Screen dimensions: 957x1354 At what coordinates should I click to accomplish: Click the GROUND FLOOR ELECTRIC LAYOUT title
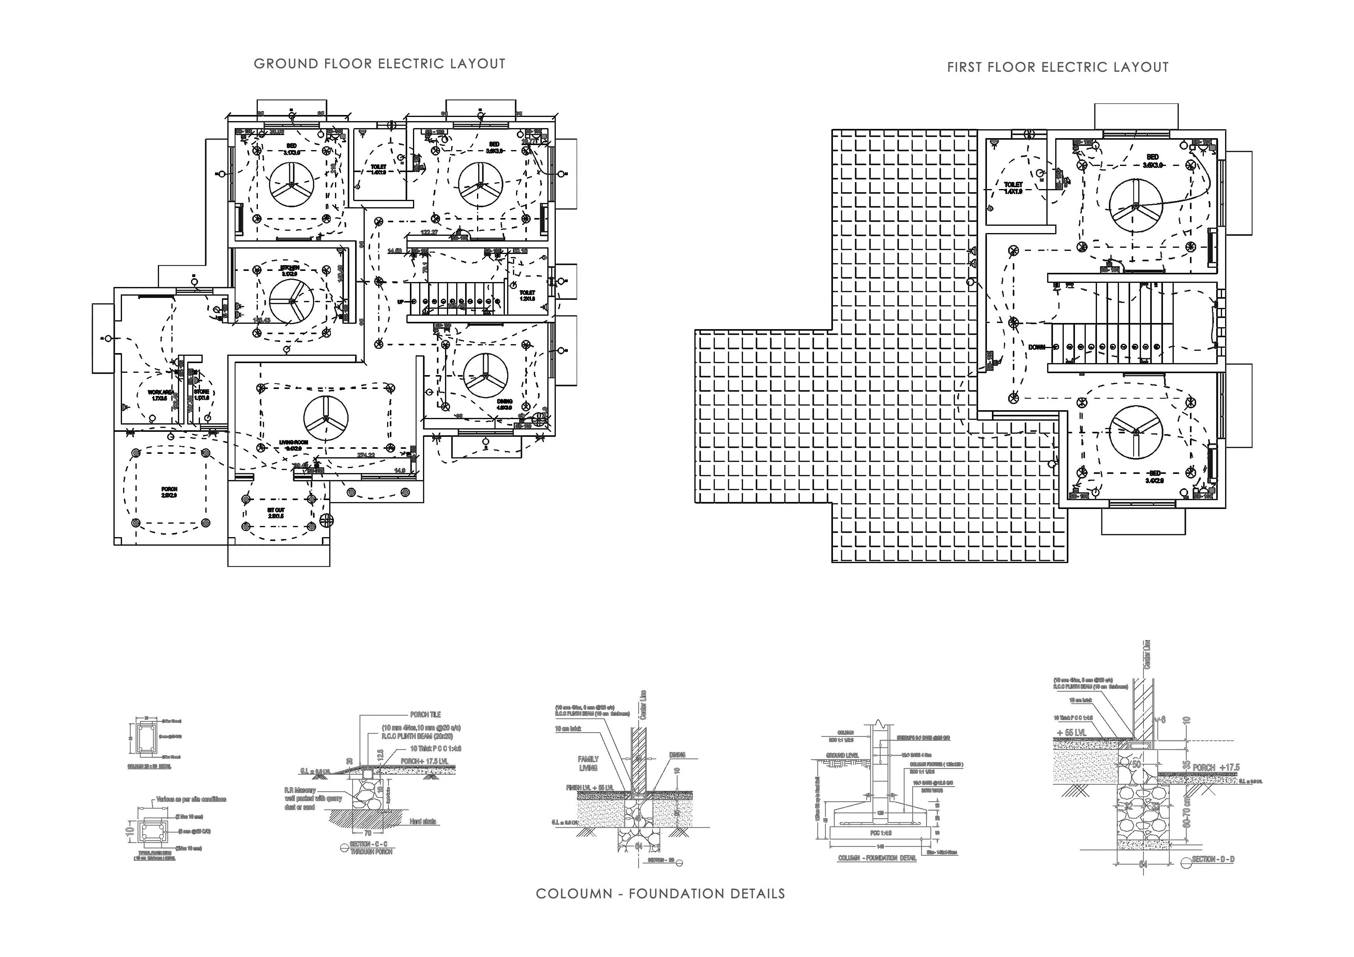coord(379,64)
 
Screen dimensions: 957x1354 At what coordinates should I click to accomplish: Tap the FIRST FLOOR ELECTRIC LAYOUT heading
coord(1057,67)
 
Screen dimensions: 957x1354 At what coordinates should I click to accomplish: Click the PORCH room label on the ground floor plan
coord(169,492)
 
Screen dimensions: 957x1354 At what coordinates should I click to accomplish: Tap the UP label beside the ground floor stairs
coord(400,302)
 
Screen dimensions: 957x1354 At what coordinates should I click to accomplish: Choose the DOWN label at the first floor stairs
coord(1037,347)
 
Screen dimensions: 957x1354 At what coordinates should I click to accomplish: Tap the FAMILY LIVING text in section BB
coord(588,763)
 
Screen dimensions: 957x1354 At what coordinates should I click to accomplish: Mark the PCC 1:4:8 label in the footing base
coord(881,833)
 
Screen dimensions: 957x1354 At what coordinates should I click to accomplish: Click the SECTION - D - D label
coord(1213,859)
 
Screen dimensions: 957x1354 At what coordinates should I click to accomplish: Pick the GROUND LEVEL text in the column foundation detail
coord(842,755)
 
